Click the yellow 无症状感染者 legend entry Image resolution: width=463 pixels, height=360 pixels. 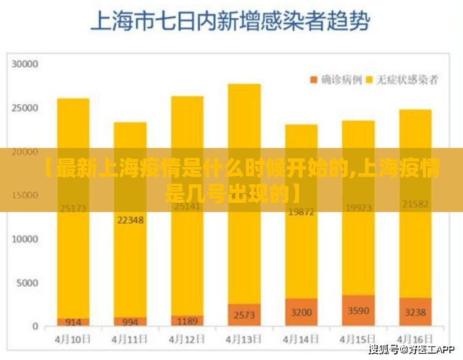coord(402,80)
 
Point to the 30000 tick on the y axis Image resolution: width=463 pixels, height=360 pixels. coord(25,63)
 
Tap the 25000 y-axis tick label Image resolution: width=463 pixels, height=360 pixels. coord(25,108)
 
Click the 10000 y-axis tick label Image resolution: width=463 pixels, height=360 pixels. coord(25,239)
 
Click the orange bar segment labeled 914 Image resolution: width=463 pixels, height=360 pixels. coord(73,322)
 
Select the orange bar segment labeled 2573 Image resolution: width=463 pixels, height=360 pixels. coord(244,315)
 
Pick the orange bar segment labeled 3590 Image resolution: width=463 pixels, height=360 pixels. coord(358,311)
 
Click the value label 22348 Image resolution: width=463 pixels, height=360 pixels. coord(130,219)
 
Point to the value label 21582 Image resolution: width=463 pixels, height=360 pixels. coord(415,204)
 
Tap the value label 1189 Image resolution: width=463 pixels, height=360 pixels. coord(187,321)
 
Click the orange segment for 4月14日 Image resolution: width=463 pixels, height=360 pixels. coord(301,312)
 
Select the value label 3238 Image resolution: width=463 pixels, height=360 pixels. coord(415,312)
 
